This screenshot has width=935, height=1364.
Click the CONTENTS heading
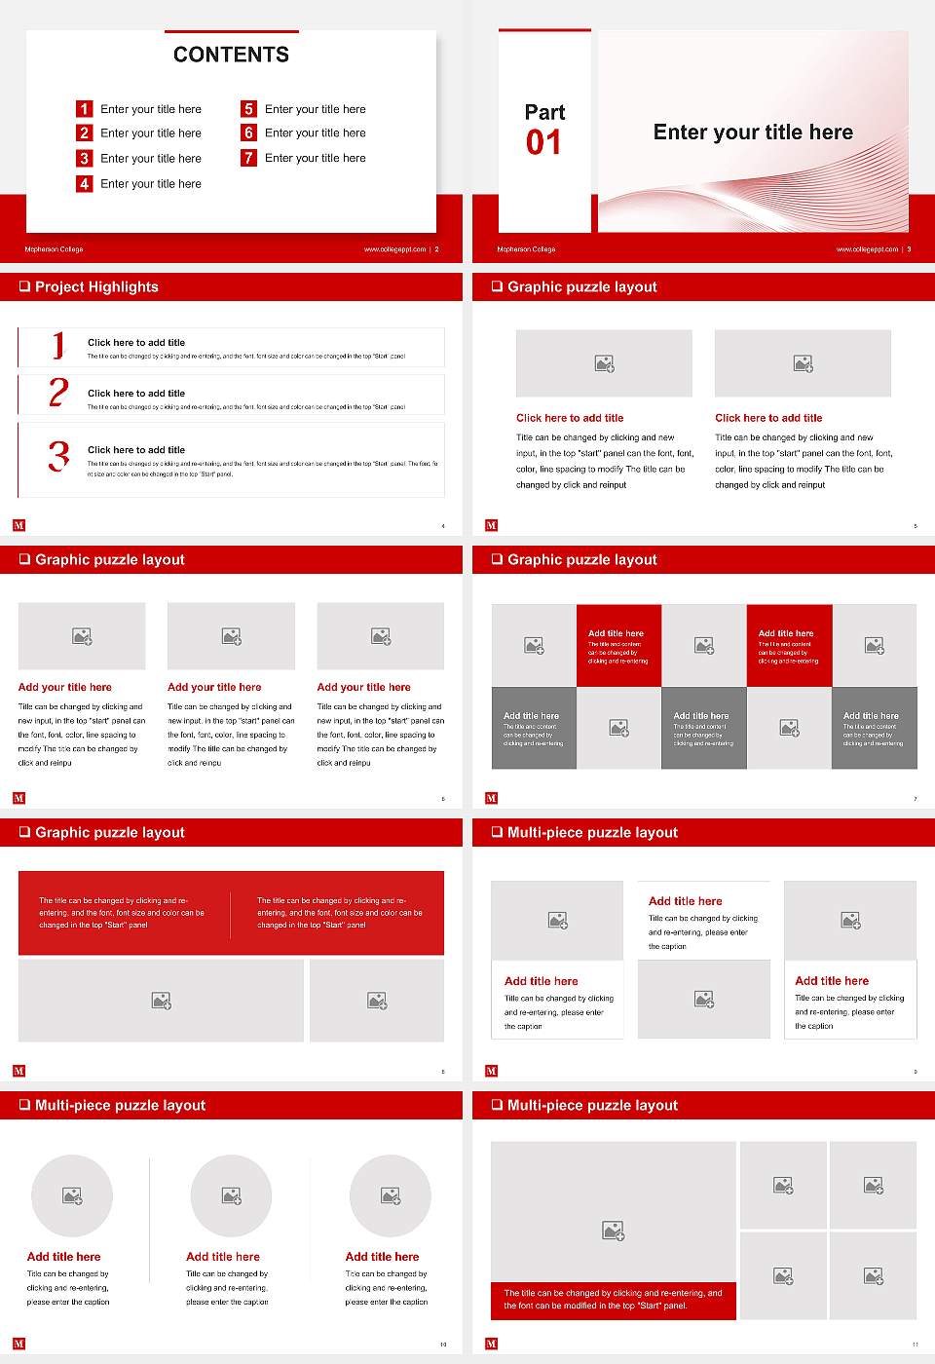[231, 55]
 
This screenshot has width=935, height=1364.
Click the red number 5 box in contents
[248, 109]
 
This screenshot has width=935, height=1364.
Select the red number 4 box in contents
[85, 183]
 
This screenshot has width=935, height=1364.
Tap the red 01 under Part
[543, 143]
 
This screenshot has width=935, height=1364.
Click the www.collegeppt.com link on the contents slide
[394, 249]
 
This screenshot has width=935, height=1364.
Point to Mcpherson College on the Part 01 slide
[526, 249]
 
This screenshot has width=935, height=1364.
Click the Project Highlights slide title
[95, 286]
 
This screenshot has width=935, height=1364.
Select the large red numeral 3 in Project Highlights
[58, 456]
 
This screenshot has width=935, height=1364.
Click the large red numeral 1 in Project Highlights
[58, 346]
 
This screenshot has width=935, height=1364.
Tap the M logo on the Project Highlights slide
[19, 525]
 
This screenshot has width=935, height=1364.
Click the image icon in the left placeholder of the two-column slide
[604, 363]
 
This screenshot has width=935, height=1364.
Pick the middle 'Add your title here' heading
[214, 687]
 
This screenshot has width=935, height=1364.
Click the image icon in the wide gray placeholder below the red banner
[162, 1001]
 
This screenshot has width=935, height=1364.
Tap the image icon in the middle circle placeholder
[231, 1195]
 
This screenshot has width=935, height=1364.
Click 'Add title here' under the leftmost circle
[63, 1257]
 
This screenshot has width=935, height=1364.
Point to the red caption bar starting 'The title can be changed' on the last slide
[613, 1300]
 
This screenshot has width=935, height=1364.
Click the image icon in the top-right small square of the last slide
[874, 1185]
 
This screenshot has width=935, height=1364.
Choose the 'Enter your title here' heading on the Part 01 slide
[753, 133]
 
